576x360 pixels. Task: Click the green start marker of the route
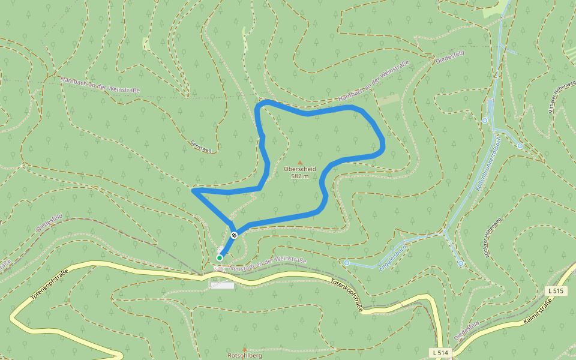220,258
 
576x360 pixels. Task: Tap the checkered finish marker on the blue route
234,235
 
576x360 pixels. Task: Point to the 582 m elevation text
300,176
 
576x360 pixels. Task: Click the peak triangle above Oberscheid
300,162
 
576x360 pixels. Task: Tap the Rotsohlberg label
244,356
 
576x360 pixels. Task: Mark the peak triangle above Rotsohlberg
244,349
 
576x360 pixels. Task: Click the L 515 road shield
556,291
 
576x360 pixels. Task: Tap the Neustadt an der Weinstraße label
268,264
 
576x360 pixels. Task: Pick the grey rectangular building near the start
222,286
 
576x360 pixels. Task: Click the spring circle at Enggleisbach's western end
347,262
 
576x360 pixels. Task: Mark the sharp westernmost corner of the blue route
193,191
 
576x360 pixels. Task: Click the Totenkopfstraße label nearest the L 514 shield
347,294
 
